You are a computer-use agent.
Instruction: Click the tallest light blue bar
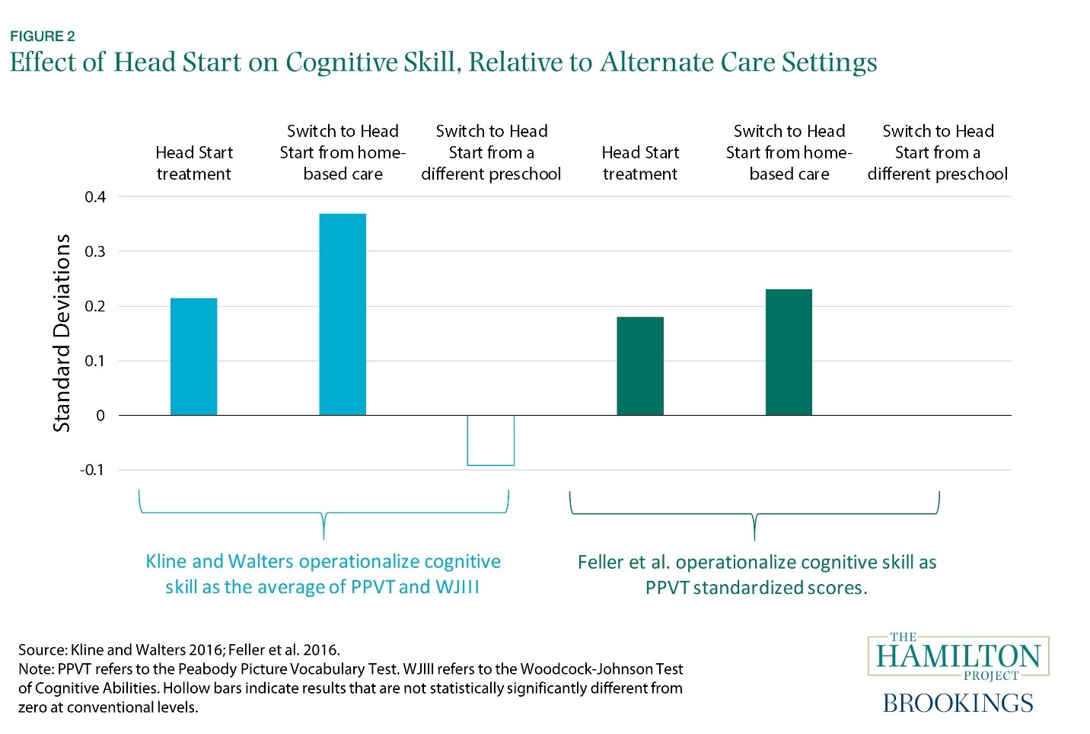pyautogui.click(x=343, y=314)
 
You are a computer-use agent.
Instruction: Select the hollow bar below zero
pyautogui.click(x=491, y=440)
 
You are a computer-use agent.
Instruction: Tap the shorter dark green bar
pyautogui.click(x=640, y=365)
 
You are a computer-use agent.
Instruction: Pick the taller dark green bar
pyautogui.click(x=789, y=352)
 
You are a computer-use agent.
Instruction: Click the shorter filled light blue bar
pyautogui.click(x=193, y=356)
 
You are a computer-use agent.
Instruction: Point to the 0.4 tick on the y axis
pyautogui.click(x=95, y=197)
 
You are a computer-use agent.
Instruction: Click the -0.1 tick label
pyautogui.click(x=92, y=470)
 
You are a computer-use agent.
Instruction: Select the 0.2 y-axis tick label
pyautogui.click(x=95, y=306)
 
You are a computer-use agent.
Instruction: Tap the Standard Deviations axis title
pyautogui.click(x=62, y=333)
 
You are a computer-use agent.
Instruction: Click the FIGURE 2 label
pyautogui.click(x=43, y=36)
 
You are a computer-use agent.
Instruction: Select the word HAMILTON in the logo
pyautogui.click(x=958, y=656)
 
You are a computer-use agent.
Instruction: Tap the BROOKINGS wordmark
pyautogui.click(x=958, y=703)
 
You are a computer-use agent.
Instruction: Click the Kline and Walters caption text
pyautogui.click(x=323, y=574)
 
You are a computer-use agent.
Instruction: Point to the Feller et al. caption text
pyautogui.click(x=757, y=575)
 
